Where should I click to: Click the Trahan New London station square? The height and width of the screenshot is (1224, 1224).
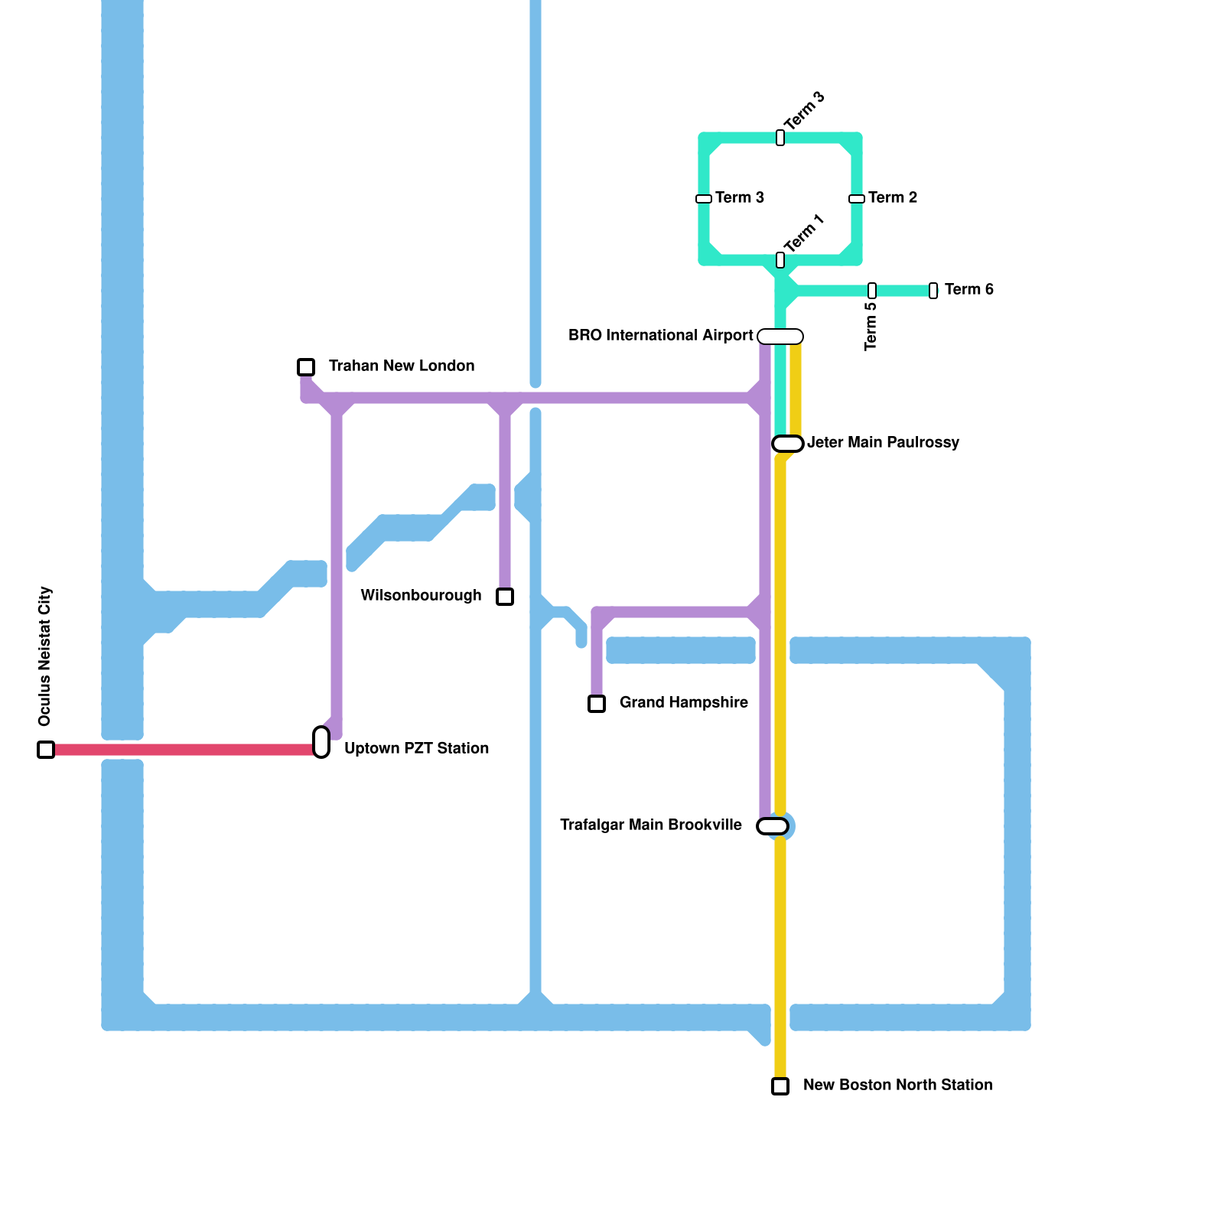click(x=306, y=367)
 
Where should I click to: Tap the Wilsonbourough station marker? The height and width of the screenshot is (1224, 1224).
click(x=505, y=597)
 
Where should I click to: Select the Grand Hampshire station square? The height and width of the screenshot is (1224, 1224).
click(x=597, y=704)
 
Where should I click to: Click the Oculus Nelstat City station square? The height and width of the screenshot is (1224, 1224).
click(x=46, y=750)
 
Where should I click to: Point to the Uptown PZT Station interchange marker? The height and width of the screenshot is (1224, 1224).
click(x=321, y=742)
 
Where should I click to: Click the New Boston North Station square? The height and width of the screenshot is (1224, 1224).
click(x=780, y=1086)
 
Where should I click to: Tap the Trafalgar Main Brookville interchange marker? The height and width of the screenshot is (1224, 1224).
click(x=773, y=826)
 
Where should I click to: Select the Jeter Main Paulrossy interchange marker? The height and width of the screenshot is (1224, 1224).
click(x=788, y=444)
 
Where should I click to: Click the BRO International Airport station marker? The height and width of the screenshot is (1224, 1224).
click(x=780, y=337)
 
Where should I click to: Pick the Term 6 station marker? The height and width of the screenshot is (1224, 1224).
click(x=933, y=291)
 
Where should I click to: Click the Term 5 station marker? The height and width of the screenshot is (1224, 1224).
click(x=872, y=291)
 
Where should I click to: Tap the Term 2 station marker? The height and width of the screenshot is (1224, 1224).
click(x=857, y=199)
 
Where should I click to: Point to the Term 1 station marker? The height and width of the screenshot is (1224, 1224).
click(x=780, y=260)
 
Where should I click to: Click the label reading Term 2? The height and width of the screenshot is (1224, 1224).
click(x=893, y=198)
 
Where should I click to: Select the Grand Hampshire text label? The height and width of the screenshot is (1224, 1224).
click(x=683, y=703)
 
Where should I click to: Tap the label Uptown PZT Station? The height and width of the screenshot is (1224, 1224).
click(x=416, y=749)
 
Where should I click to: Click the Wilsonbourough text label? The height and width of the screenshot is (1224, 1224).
click(x=421, y=596)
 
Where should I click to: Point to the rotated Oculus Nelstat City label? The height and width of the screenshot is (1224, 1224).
click(x=45, y=656)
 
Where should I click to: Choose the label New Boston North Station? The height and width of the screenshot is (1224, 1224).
click(x=897, y=1086)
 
